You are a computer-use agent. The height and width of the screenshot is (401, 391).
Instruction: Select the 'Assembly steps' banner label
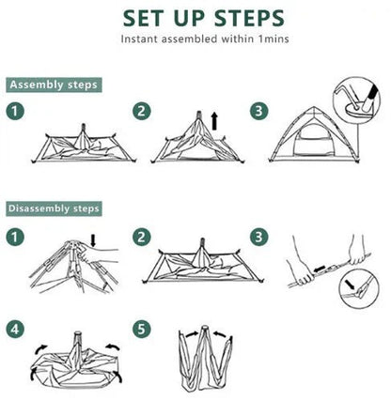click(54, 85)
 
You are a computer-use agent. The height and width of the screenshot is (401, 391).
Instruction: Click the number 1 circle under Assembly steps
click(17, 112)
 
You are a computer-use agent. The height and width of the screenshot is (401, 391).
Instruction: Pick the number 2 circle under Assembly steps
click(142, 112)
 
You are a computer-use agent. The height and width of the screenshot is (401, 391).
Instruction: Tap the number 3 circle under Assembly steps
click(257, 112)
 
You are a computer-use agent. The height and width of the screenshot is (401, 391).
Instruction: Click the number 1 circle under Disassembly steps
click(17, 237)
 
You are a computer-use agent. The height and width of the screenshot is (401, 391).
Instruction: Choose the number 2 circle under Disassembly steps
click(142, 237)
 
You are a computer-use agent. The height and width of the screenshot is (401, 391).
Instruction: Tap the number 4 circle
click(17, 330)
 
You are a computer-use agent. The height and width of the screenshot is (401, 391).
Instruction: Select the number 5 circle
click(142, 330)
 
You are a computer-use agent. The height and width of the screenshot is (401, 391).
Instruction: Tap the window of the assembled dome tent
click(306, 147)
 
